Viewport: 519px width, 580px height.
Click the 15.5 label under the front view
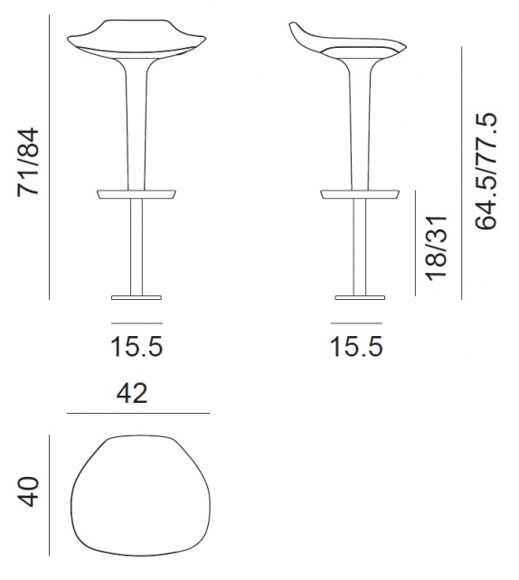point(137,346)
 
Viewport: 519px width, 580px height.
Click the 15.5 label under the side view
point(356,346)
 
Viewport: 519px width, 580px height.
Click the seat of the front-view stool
point(135,42)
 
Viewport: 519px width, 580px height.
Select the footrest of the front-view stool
point(136,193)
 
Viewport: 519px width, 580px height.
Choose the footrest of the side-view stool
point(360,193)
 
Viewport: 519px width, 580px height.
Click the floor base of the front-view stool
point(137,295)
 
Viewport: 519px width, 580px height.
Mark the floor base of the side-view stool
point(359,295)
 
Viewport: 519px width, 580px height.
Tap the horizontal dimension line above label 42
point(138,413)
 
